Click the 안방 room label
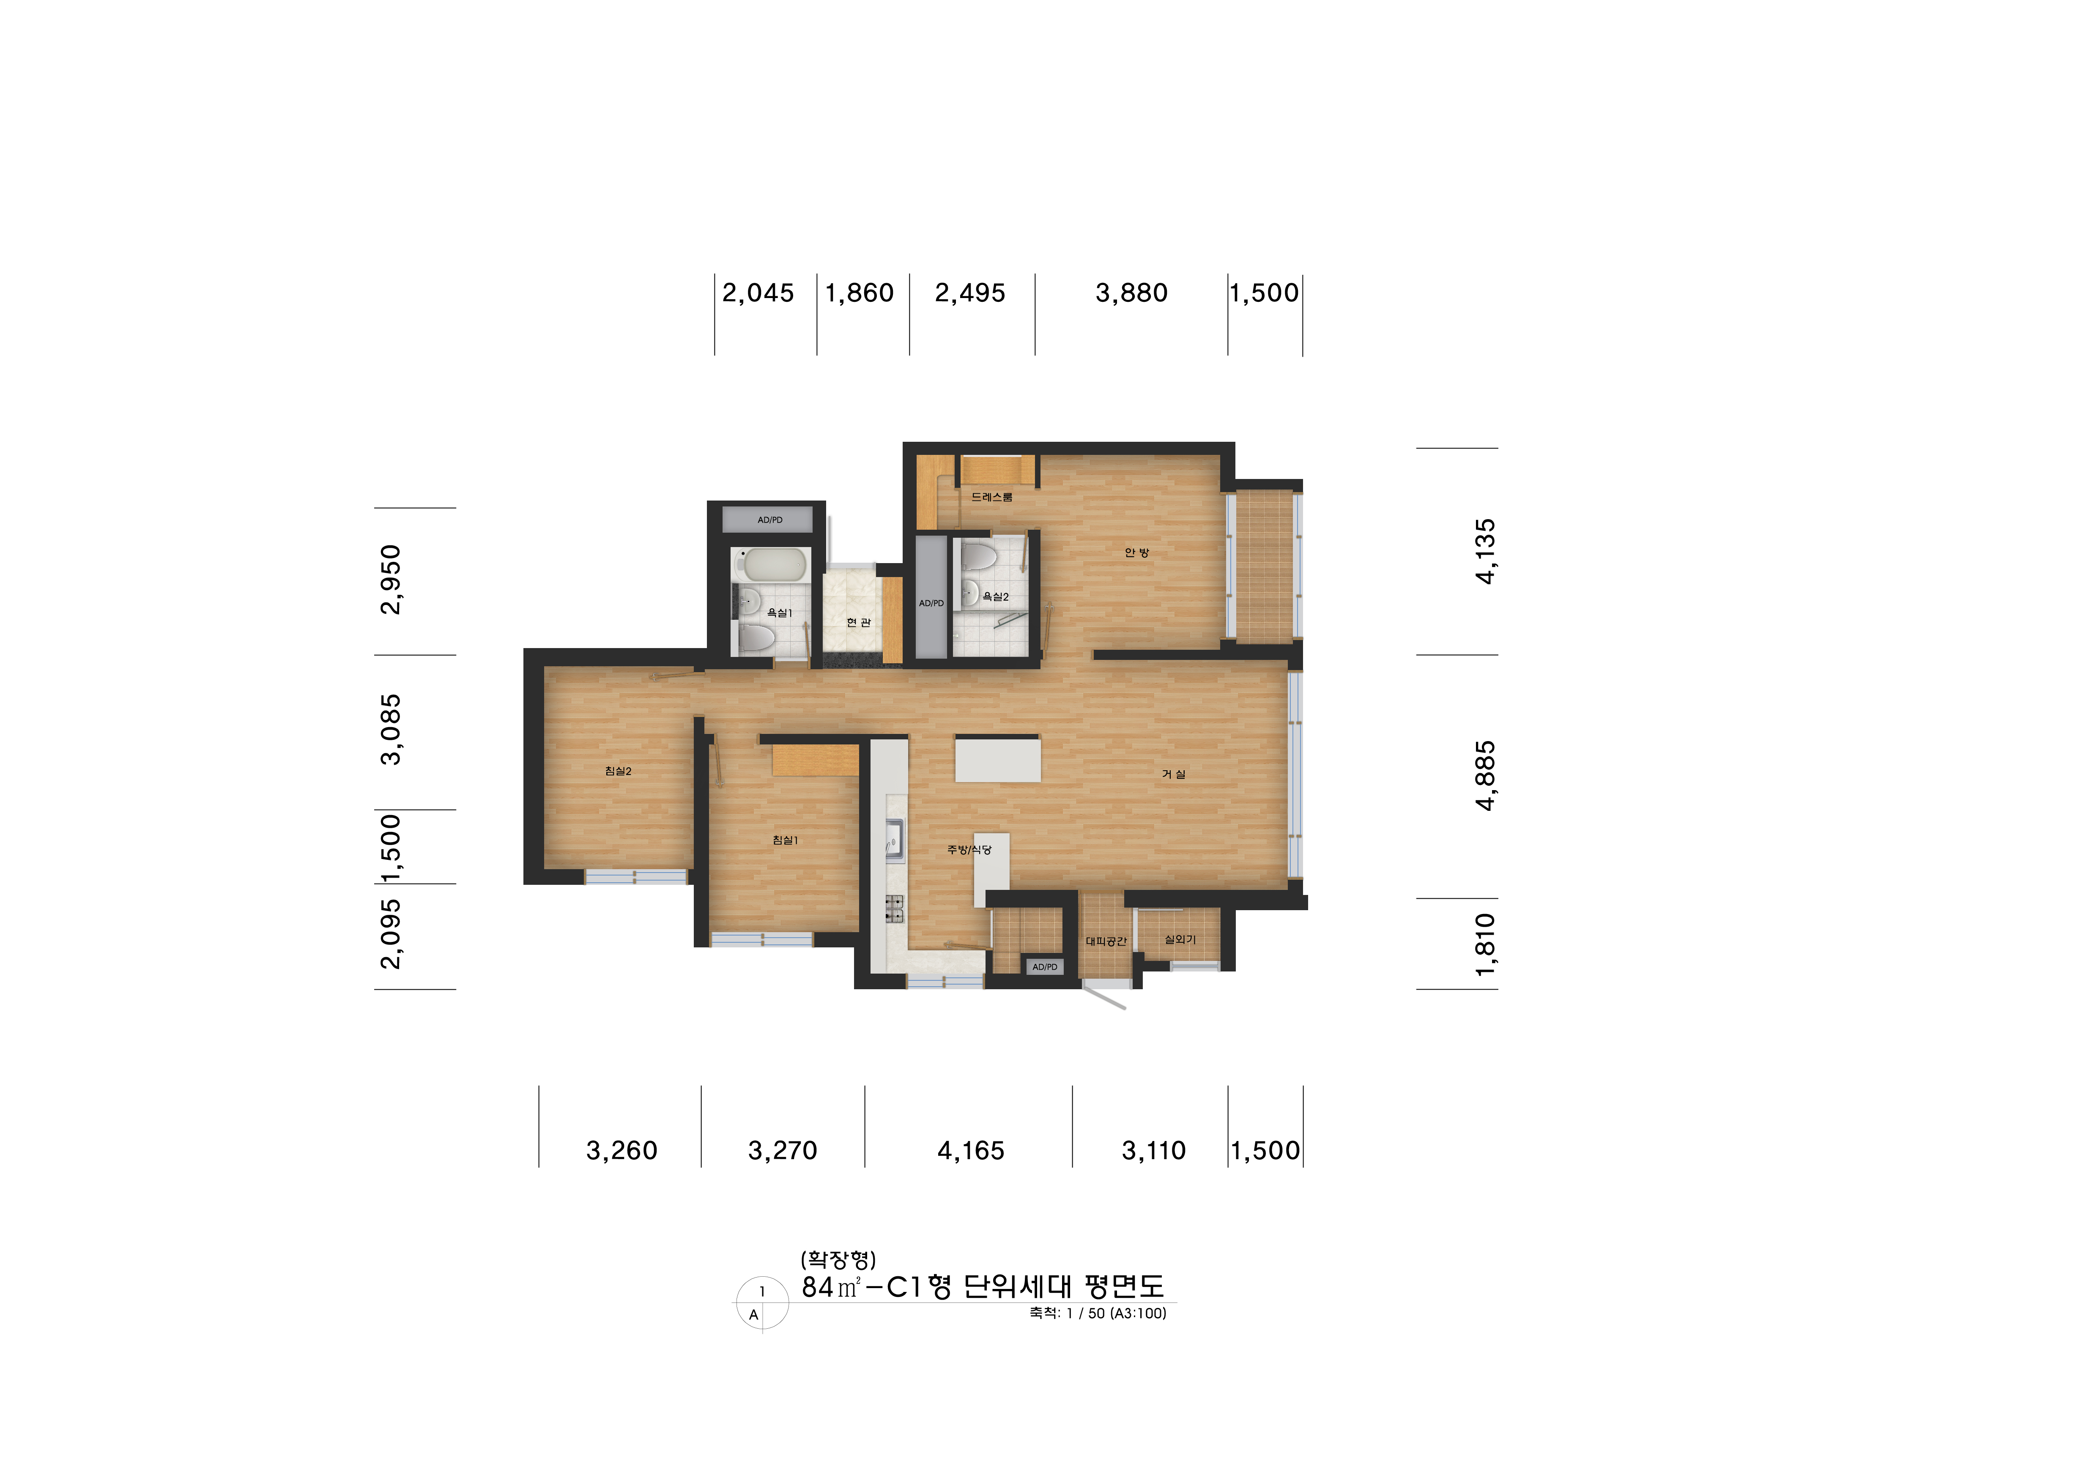(1137, 552)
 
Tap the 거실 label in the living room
(1174, 774)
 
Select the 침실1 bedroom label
(785, 840)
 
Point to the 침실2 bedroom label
(618, 771)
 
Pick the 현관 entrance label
(858, 623)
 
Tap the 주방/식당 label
(969, 849)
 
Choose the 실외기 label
(1180, 939)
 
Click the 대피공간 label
(1106, 941)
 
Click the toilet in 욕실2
(978, 555)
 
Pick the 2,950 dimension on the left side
(391, 580)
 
